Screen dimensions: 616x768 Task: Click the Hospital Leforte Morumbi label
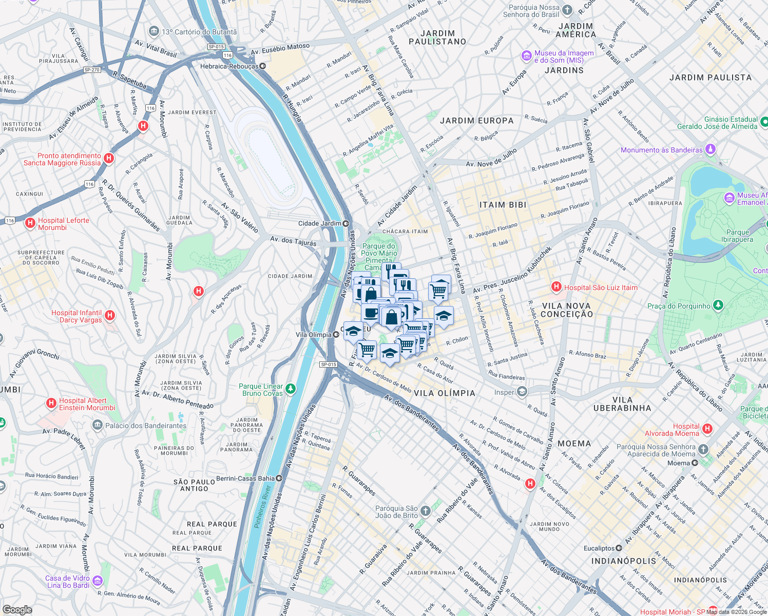[x=63, y=224]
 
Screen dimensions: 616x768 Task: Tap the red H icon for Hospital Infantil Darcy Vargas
[x=109, y=316]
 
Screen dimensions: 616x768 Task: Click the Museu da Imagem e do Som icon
[x=526, y=55]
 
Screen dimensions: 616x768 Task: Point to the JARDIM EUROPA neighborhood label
[x=476, y=121]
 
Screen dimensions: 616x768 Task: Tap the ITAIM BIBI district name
[x=503, y=205]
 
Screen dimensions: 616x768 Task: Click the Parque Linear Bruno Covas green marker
[x=291, y=389]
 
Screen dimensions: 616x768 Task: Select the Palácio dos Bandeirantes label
[x=146, y=426]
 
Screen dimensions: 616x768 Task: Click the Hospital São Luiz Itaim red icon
[x=555, y=286]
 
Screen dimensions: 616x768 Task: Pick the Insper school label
[x=504, y=392]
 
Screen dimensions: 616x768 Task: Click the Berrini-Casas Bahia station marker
[x=279, y=478]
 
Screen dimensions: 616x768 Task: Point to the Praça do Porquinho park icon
[x=718, y=306]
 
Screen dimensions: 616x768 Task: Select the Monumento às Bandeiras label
[x=661, y=150]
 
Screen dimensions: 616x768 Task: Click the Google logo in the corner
[x=17, y=609]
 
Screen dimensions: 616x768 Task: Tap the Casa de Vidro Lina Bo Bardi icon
[x=98, y=581]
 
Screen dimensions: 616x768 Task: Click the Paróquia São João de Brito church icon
[x=425, y=511]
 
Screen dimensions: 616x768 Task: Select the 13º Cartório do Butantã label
[x=199, y=32]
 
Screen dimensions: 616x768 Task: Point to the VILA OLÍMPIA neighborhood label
[x=444, y=393]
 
